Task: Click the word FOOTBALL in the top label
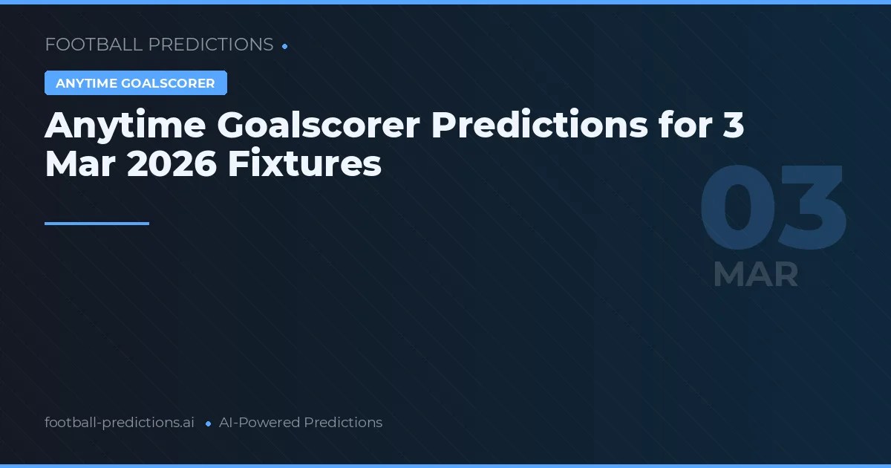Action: tap(94, 45)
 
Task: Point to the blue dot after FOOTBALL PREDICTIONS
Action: tap(285, 46)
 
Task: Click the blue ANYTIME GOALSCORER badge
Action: tap(135, 83)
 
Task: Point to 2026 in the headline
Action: tap(172, 165)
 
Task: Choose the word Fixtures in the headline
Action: tap(304, 165)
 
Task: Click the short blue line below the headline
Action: tap(97, 223)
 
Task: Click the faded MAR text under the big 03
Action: tap(755, 274)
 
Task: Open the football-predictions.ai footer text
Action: tap(120, 423)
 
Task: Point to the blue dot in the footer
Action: tap(208, 423)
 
